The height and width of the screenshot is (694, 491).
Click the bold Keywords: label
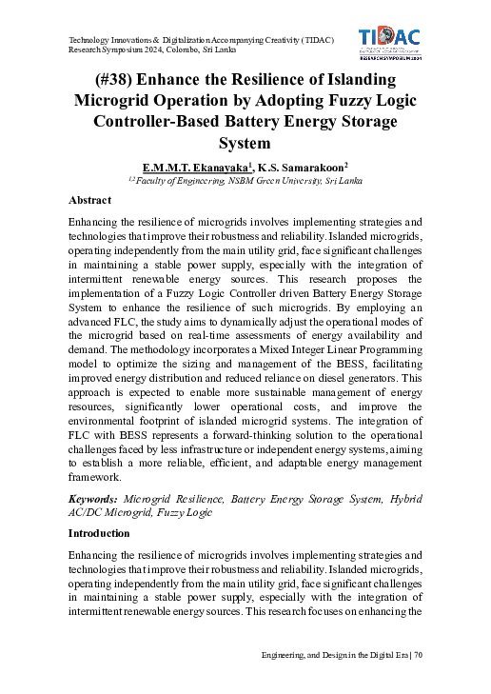coord(93,499)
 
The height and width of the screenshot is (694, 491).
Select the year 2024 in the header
coord(157,50)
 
